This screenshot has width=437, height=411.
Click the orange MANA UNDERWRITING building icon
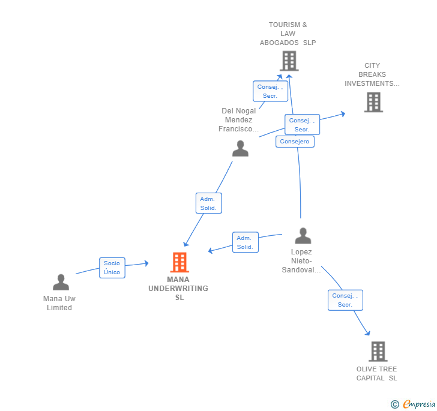[179, 262]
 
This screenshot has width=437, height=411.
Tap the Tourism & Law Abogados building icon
[289, 61]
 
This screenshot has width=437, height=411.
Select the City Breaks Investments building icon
[373, 102]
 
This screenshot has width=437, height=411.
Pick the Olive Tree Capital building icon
[378, 351]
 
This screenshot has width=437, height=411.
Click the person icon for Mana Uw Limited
[61, 282]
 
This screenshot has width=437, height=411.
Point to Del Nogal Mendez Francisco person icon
[240, 148]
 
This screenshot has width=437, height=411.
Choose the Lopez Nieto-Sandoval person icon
[303, 236]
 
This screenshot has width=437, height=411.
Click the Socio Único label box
[112, 268]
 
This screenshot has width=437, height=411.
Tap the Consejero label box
[295, 142]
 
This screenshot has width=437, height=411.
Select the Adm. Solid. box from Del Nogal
[208, 203]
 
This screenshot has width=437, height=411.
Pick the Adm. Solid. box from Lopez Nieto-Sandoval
[245, 242]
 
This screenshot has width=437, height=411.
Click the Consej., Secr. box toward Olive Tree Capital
[345, 300]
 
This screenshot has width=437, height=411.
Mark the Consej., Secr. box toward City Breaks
[302, 125]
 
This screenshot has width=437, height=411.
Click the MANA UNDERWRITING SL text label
[179, 289]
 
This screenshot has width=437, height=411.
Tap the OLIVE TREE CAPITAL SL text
[377, 373]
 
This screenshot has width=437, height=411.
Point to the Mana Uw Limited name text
[59, 303]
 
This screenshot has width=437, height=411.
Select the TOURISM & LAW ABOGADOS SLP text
[288, 34]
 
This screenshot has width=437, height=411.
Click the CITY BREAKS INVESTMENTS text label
[372, 75]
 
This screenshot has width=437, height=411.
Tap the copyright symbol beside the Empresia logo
[394, 404]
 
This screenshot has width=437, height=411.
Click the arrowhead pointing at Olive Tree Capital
[367, 333]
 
